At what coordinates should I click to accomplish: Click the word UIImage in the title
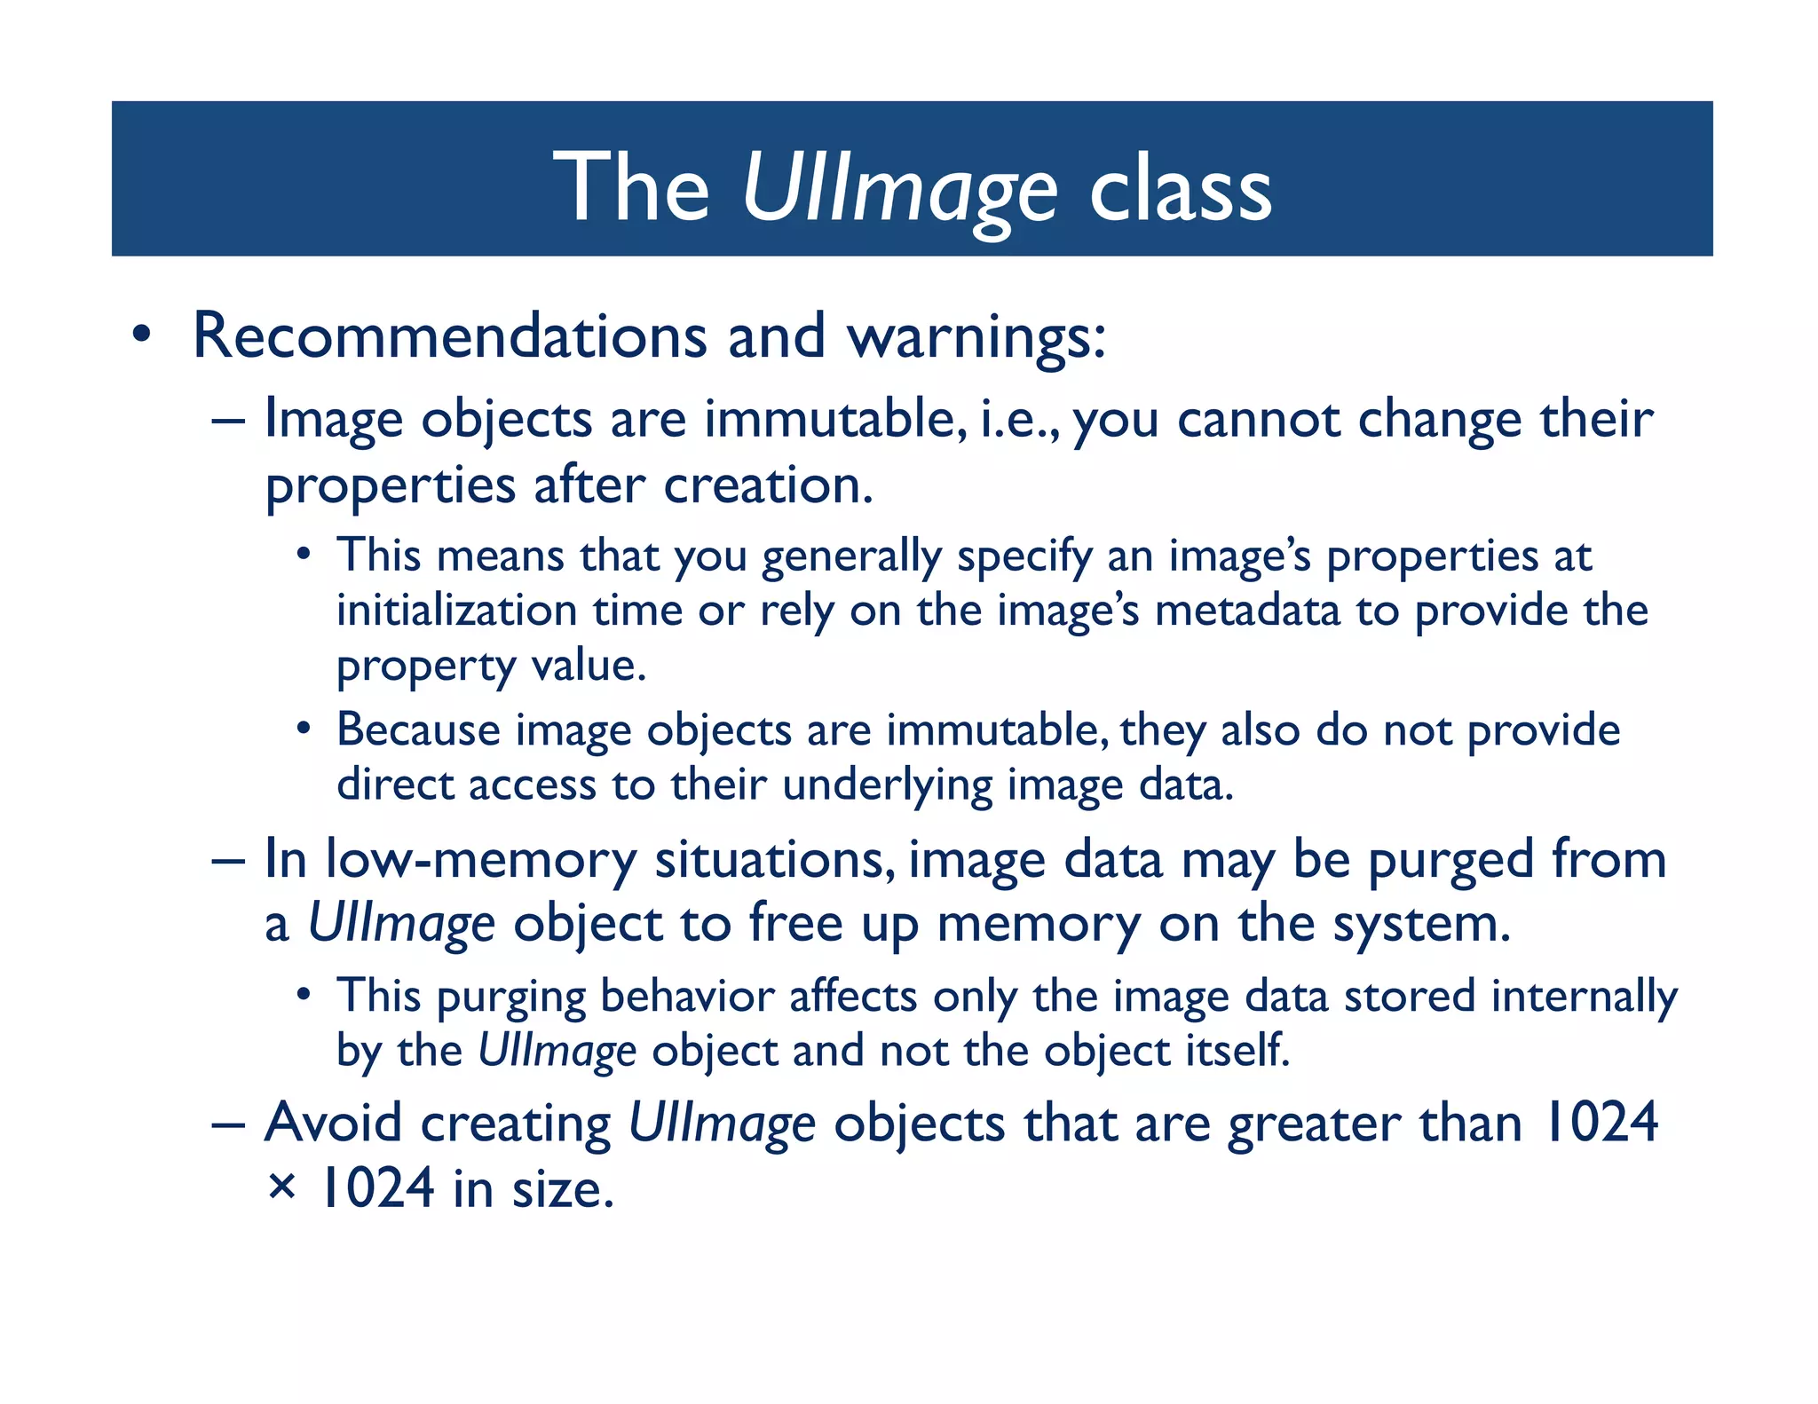898,189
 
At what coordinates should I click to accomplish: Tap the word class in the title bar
1180,189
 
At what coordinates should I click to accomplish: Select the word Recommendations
449,336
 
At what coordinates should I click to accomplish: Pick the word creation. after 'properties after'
768,485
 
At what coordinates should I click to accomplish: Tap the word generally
851,557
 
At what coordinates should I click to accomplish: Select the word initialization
457,611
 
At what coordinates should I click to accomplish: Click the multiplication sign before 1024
281,1187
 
